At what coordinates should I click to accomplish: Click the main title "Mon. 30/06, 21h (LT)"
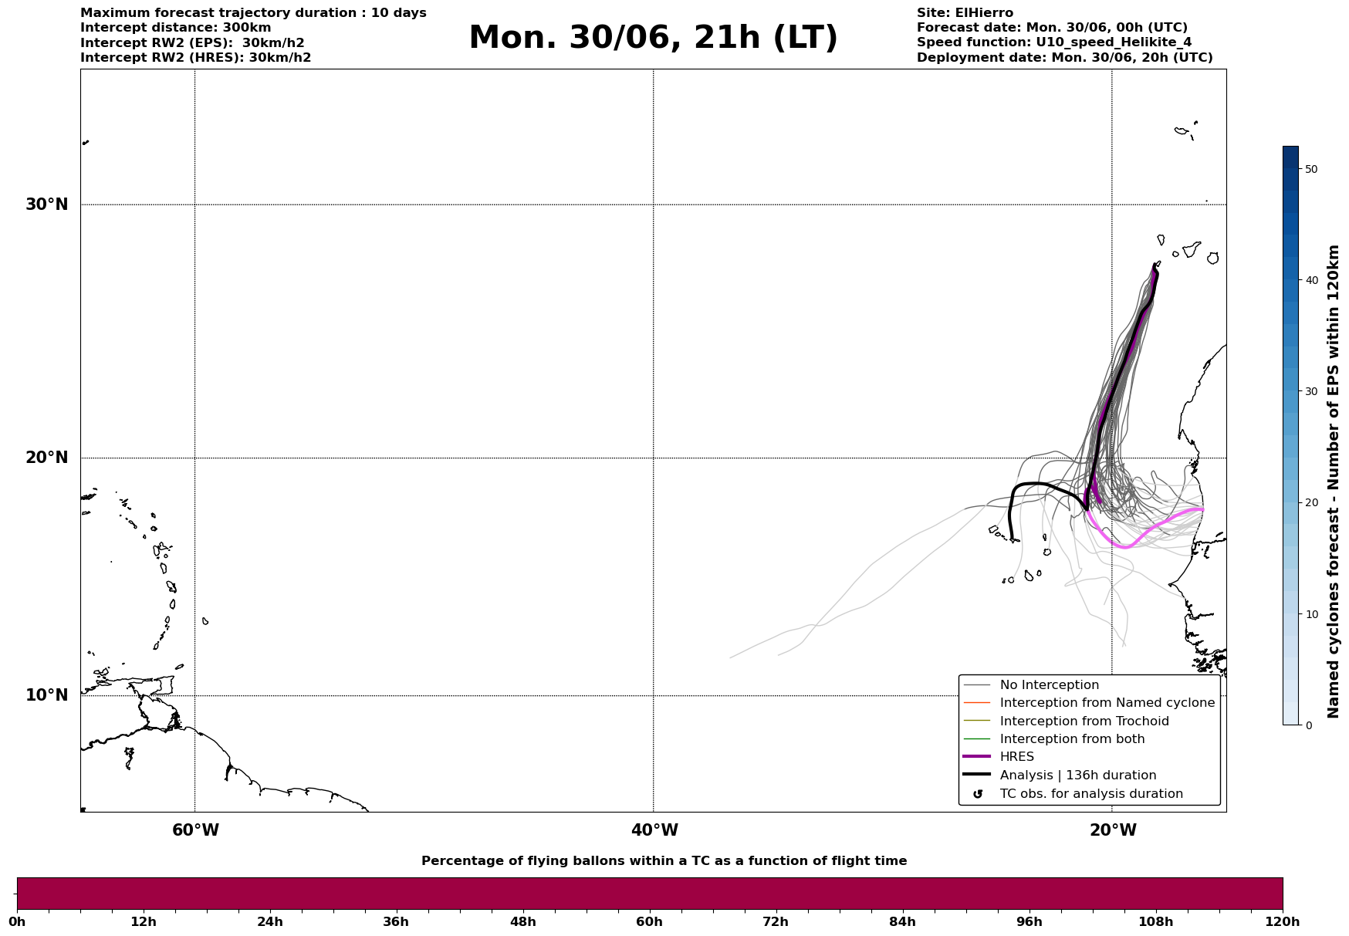(653, 38)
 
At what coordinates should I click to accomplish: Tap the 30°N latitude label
(46, 204)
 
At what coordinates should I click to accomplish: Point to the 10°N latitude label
(46, 695)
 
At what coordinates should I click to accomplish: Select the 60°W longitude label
(195, 830)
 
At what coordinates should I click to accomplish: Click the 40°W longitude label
(654, 830)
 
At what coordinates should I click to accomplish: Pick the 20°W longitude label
(1113, 830)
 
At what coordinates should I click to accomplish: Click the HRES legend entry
(1016, 757)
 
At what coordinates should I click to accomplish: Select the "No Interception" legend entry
(1049, 685)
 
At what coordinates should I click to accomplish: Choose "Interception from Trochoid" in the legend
(1084, 721)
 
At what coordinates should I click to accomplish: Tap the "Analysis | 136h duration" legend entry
(1077, 775)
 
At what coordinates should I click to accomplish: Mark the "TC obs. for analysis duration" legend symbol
(978, 794)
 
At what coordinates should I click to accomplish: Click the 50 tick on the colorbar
(1310, 169)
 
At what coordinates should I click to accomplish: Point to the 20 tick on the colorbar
(1310, 503)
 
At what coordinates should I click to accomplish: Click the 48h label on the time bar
(522, 922)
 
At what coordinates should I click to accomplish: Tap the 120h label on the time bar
(1282, 922)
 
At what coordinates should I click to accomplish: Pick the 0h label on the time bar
(17, 922)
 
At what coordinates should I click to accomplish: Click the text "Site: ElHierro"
(965, 13)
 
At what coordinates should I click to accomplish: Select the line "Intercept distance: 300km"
(175, 28)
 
